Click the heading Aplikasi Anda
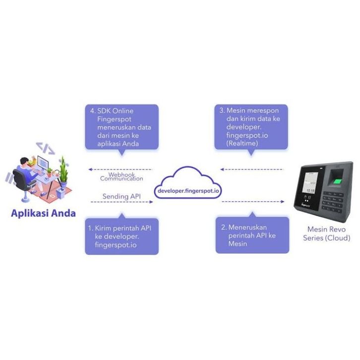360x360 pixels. (44, 214)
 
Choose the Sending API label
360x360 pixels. (121, 196)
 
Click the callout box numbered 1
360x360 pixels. (121, 236)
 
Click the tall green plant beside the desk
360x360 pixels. (63, 169)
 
